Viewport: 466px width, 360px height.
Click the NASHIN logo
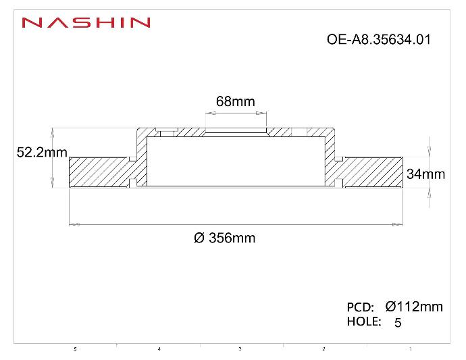click(x=86, y=22)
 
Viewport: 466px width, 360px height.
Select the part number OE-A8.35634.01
click(x=378, y=39)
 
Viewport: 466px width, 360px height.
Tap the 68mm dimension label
click(x=235, y=101)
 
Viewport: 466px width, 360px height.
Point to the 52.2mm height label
click(x=41, y=153)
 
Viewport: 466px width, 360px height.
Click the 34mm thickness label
click(x=425, y=174)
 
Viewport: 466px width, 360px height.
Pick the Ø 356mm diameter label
click(x=224, y=238)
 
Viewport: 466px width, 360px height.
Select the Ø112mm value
click(x=413, y=307)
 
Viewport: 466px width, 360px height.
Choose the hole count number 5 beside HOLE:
click(x=397, y=323)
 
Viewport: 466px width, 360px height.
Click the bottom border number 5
click(x=76, y=349)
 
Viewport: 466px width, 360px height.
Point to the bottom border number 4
click(x=159, y=349)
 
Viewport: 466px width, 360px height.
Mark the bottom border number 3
click(x=240, y=349)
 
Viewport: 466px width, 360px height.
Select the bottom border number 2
click(x=323, y=349)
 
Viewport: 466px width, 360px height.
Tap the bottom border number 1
click(x=411, y=349)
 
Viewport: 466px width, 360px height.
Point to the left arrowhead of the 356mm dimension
click(x=76, y=224)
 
